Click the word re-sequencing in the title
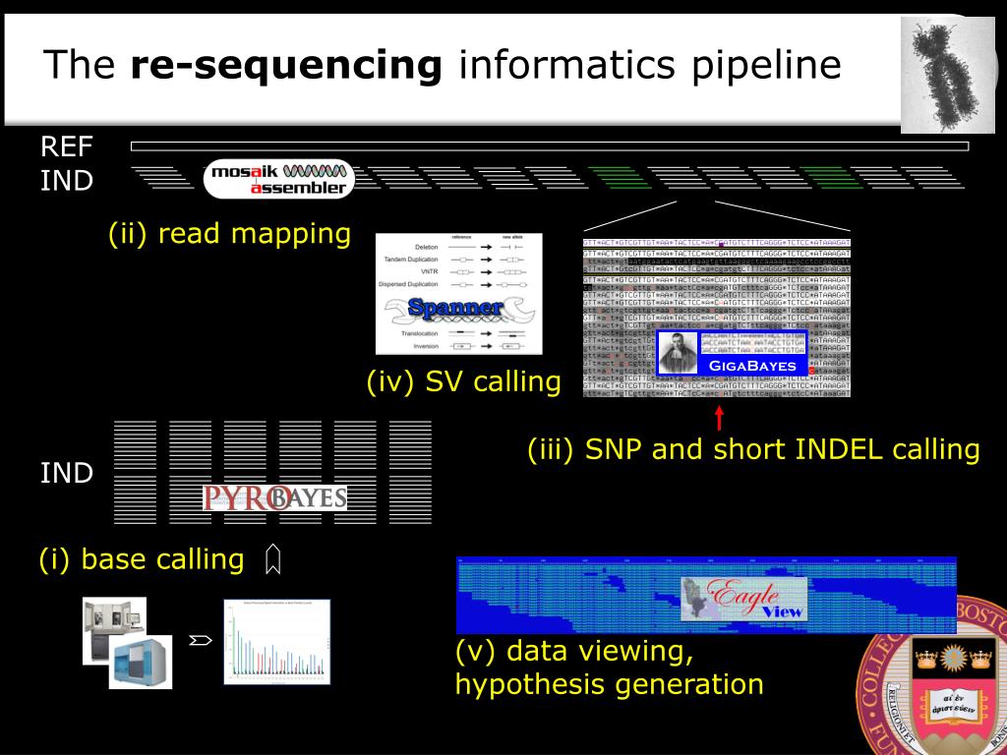click(x=286, y=65)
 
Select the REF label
click(x=67, y=146)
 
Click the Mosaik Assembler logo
click(x=278, y=179)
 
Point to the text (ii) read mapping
click(x=229, y=234)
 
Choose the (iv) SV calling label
click(x=463, y=381)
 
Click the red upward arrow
click(x=719, y=417)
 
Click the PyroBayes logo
click(x=274, y=497)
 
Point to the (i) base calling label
click(x=141, y=559)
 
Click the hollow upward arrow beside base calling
click(x=273, y=559)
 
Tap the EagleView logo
click(x=744, y=598)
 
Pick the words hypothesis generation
click(x=609, y=684)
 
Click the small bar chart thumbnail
click(x=277, y=641)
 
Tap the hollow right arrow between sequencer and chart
click(x=201, y=641)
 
